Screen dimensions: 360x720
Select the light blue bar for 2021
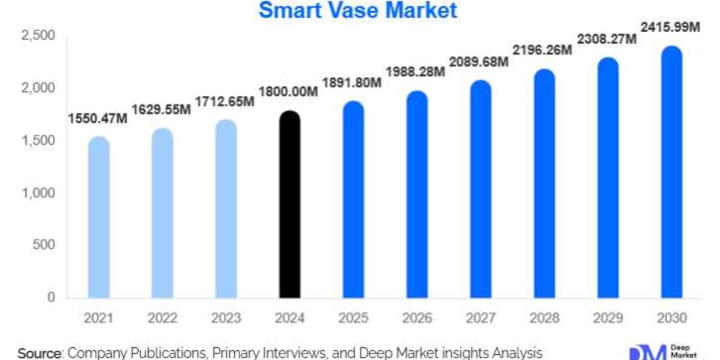(98, 219)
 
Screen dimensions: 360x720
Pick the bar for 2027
(481, 191)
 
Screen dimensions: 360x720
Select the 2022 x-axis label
(162, 317)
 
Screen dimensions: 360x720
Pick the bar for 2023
(226, 210)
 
